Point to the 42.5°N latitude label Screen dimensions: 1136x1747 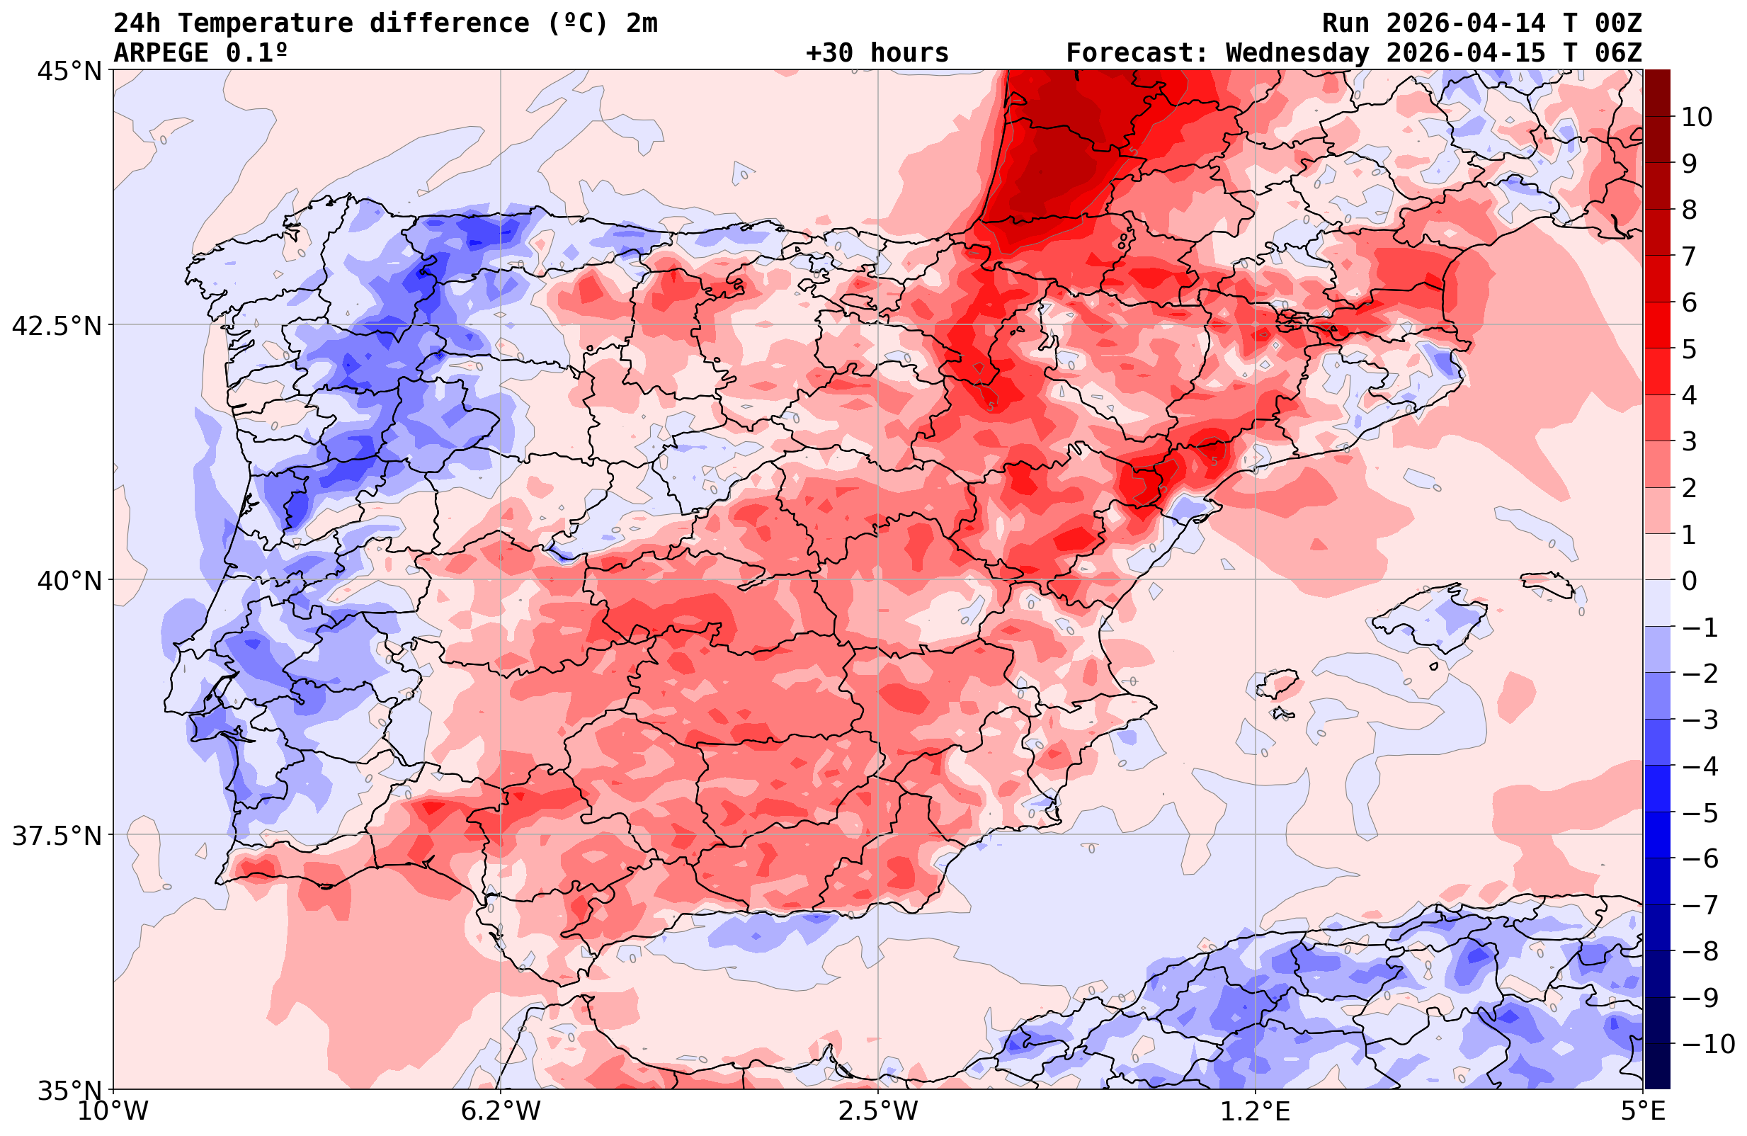coord(57,326)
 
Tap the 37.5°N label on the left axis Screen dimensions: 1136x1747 coord(57,836)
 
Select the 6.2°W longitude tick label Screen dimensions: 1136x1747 coord(501,1111)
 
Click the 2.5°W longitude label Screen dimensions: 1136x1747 coord(878,1111)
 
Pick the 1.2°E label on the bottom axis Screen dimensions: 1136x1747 coord(1256,1111)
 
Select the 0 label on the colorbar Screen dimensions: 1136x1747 coord(1689,581)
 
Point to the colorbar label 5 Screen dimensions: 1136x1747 coord(1689,349)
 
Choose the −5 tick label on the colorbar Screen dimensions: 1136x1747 coord(1700,813)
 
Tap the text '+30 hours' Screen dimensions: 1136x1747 coord(877,53)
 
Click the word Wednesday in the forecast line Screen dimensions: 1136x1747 coord(1297,53)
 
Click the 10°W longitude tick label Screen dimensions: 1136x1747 coord(113,1111)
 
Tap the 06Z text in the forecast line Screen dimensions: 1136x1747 coord(1618,53)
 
